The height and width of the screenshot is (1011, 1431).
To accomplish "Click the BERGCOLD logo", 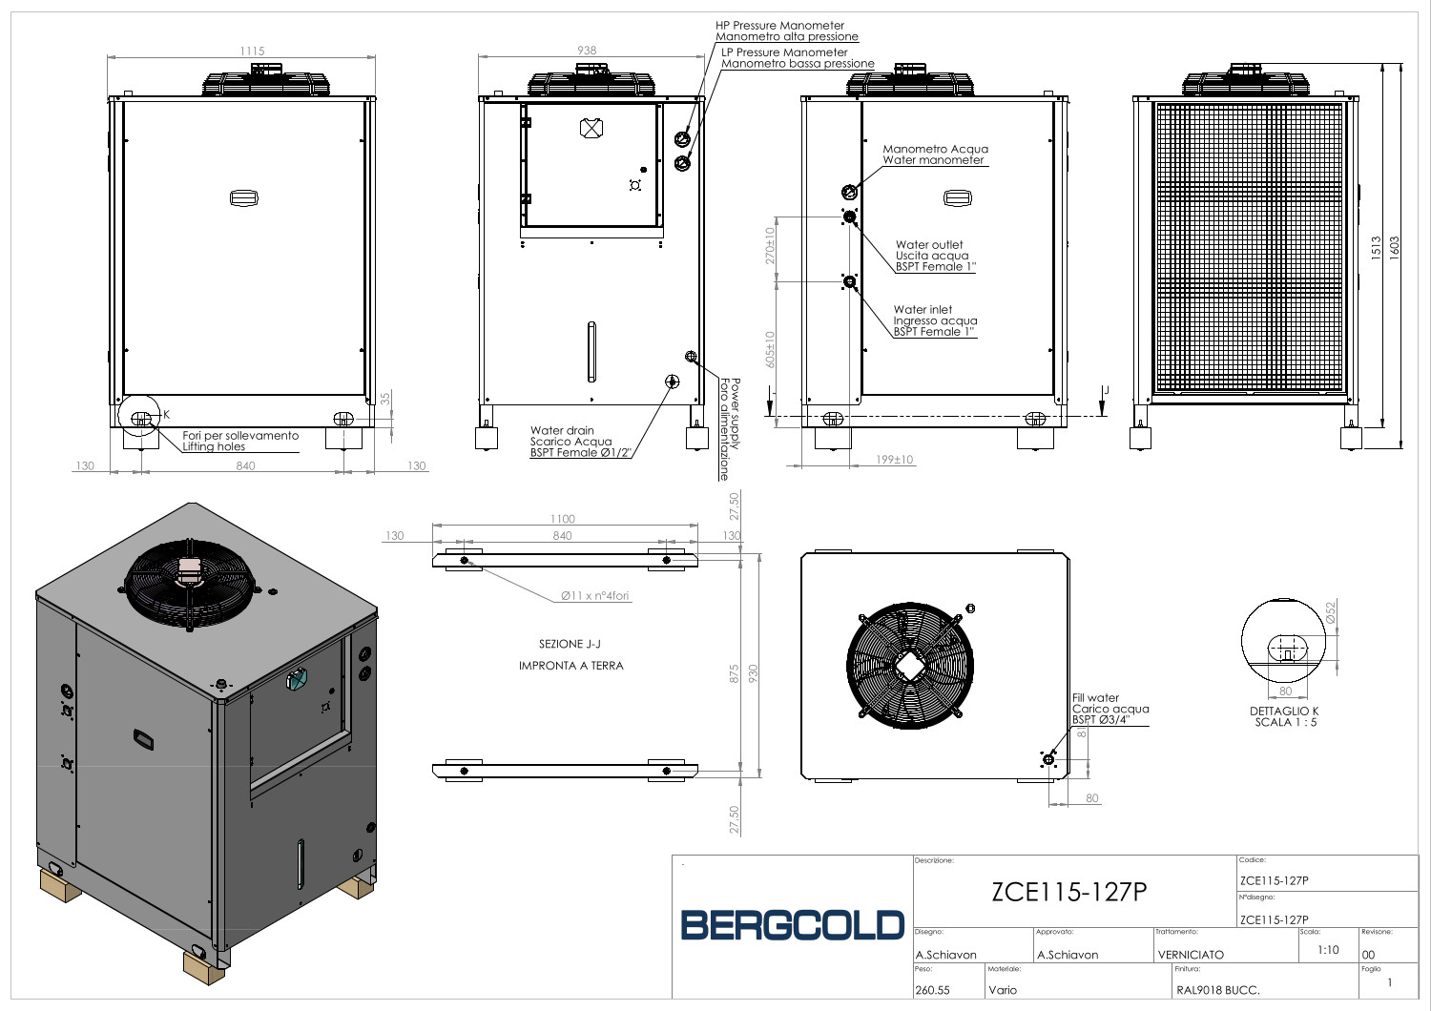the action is [792, 925].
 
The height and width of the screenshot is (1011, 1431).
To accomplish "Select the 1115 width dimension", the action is [253, 52].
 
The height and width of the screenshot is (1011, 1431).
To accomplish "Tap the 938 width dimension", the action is [587, 51].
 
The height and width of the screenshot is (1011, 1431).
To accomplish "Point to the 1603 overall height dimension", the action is [1394, 247].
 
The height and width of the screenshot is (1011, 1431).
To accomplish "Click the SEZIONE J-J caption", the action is [570, 644].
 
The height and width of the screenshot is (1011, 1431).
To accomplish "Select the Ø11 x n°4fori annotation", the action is [594, 596].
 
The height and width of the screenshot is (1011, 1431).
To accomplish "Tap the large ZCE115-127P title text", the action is [1069, 892].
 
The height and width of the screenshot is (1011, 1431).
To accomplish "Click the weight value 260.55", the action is [932, 990].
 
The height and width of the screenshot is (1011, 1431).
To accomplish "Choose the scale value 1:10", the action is [1328, 950].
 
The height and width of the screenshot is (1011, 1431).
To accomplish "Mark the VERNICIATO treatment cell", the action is [1191, 955].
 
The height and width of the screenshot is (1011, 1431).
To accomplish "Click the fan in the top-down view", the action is [910, 666].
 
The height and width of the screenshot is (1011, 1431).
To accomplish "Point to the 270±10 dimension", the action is [770, 246].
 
